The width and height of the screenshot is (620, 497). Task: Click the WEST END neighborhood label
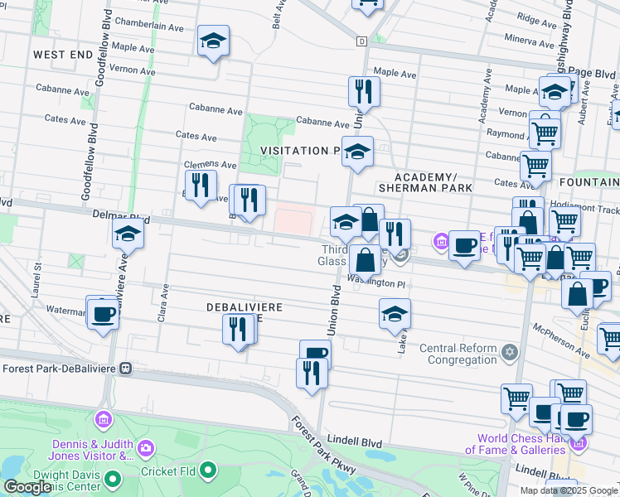[62, 54]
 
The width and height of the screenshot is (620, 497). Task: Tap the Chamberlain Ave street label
[149, 26]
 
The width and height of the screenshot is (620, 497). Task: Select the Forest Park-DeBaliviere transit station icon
[126, 368]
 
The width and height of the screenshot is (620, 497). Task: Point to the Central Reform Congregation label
[458, 354]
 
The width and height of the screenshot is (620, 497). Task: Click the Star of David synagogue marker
[511, 353]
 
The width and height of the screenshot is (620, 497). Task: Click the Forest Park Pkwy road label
[322, 445]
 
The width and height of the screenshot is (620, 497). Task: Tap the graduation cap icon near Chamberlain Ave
[213, 41]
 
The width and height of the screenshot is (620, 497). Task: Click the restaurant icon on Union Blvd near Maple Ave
[363, 91]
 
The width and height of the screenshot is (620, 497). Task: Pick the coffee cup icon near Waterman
[103, 316]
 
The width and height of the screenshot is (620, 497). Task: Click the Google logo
[27, 487]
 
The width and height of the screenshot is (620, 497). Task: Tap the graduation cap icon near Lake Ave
[395, 315]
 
